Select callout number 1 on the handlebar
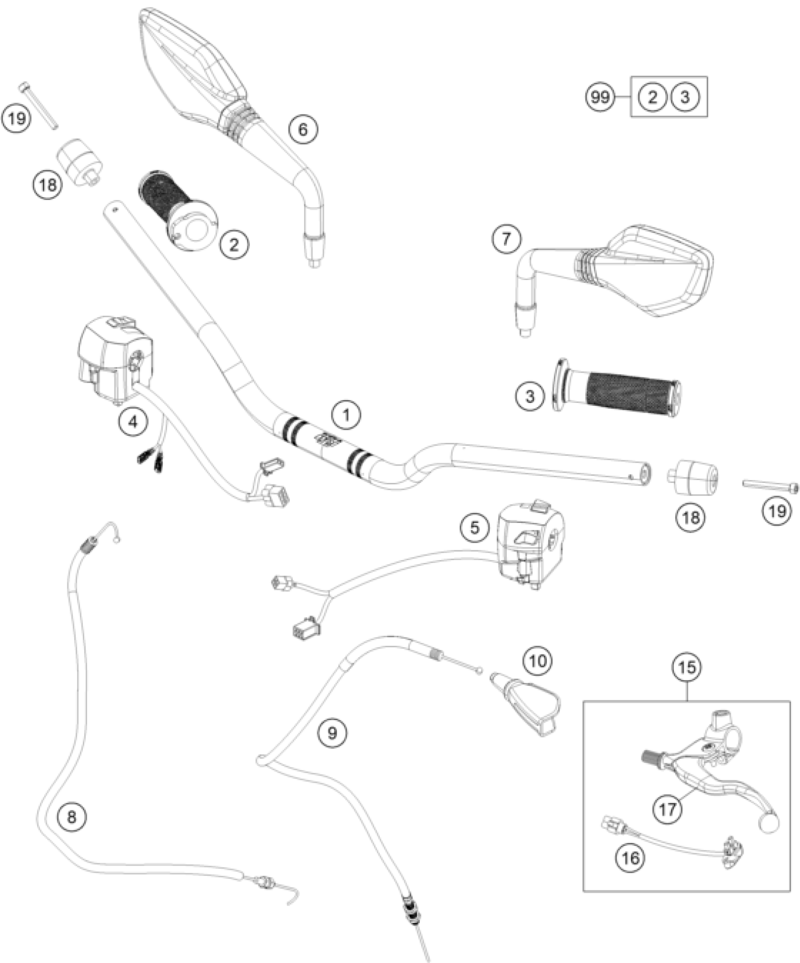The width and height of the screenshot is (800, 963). coord(346,416)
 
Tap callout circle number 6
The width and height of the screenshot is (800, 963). coord(303,129)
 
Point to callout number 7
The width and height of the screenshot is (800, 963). coord(506,240)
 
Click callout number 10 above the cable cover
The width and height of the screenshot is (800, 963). coord(538,661)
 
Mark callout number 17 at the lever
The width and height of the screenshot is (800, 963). coord(668,809)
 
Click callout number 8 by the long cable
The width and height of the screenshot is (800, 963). coord(71,817)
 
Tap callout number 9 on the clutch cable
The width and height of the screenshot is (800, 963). coord(332,733)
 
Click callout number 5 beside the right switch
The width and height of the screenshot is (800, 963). coord(475,528)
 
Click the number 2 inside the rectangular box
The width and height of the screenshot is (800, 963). coord(652,98)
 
